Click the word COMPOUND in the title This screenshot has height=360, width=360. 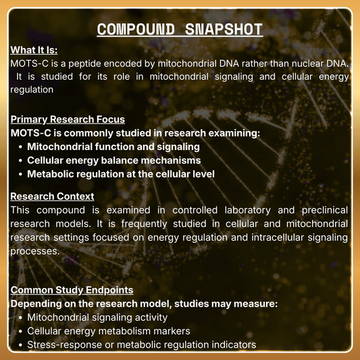click(134, 30)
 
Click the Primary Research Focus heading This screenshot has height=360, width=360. click(68, 120)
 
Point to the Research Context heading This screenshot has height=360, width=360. click(52, 197)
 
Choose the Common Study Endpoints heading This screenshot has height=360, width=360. click(72, 290)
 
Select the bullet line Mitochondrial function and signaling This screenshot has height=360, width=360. click(113, 147)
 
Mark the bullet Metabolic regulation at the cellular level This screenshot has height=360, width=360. click(121, 174)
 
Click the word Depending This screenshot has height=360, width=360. click(38, 304)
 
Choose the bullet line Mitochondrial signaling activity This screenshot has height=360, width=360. click(97, 317)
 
